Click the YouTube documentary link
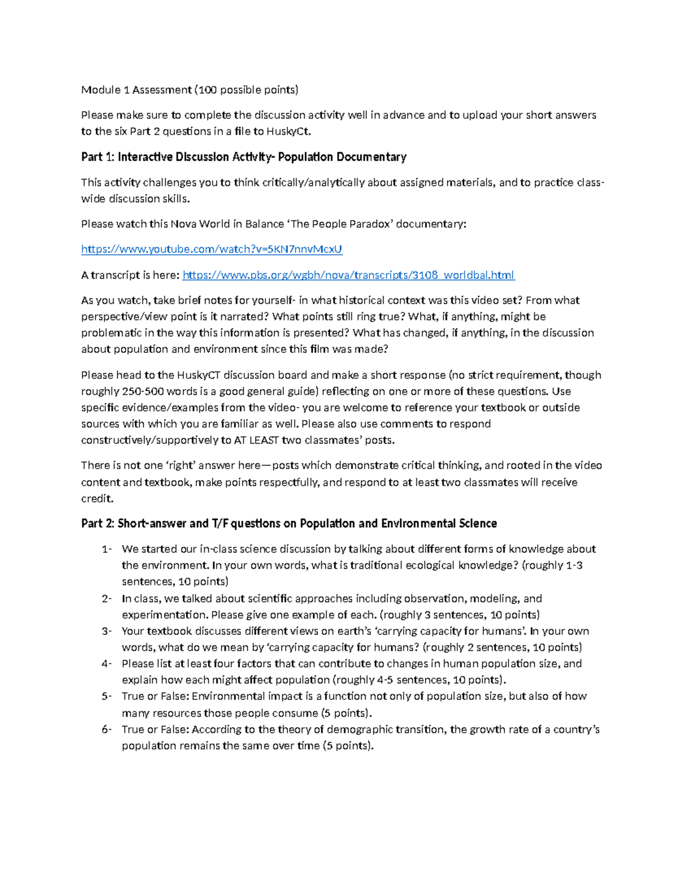[211, 249]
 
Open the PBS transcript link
[348, 275]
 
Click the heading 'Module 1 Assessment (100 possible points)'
[189, 90]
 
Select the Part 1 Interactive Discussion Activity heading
[244, 157]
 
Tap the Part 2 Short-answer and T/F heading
[288, 524]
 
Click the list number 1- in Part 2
[107, 549]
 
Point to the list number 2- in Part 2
[107, 599]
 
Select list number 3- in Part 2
[107, 631]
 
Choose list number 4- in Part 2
[107, 664]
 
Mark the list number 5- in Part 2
[107, 697]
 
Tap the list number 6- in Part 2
[107, 729]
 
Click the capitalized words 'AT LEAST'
[255, 440]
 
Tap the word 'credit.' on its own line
[97, 499]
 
